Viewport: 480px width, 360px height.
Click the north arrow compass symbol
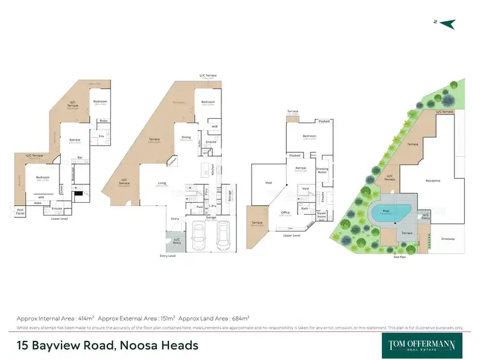447,24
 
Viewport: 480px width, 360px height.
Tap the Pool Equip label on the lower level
20,210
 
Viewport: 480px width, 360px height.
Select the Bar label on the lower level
80,157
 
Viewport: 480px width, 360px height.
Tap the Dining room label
186,136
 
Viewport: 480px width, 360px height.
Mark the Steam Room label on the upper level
321,214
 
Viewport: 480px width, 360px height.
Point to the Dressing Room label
322,171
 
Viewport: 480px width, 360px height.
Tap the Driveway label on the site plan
447,239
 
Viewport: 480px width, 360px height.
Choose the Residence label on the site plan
433,181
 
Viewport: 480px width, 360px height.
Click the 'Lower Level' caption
59,219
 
